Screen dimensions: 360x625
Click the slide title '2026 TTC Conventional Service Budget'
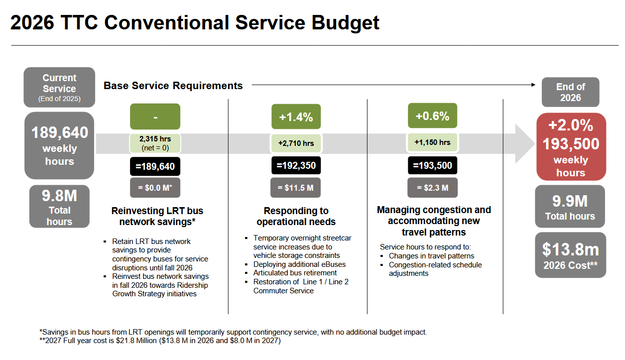coord(195,23)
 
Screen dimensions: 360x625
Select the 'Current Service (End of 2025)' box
coord(59,87)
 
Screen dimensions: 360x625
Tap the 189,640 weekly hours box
coord(59,145)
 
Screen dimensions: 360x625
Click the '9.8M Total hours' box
coord(59,207)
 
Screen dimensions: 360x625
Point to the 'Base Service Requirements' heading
coord(173,86)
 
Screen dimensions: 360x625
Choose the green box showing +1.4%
coord(296,117)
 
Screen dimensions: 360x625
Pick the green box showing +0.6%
coord(432,116)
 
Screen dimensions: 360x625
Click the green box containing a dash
coord(155,117)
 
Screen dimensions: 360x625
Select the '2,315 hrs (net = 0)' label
coord(155,143)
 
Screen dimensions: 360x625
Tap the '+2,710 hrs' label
coord(296,143)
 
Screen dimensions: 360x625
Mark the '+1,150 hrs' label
coord(432,142)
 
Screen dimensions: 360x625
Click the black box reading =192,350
coord(296,165)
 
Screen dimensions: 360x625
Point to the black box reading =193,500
coord(432,165)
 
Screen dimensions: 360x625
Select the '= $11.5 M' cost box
coord(296,188)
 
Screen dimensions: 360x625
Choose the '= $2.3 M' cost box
coord(432,188)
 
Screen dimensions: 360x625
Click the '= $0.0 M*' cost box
coord(155,188)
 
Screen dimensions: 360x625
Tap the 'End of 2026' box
coord(570,92)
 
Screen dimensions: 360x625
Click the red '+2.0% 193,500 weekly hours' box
coord(571,146)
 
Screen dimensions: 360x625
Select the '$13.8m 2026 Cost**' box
coord(570,255)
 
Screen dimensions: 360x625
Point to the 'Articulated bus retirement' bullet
coord(295,273)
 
